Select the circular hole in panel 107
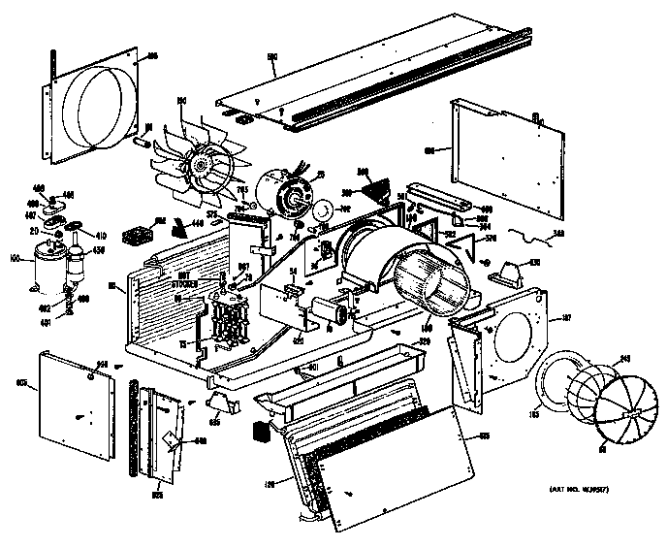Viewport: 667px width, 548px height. (x=509, y=336)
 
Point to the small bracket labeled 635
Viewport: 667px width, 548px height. (x=222, y=398)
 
